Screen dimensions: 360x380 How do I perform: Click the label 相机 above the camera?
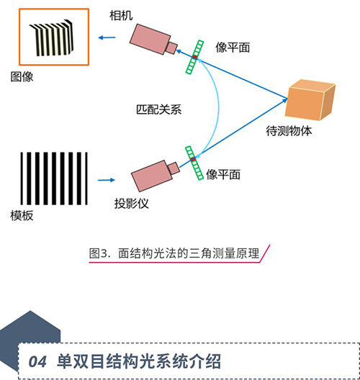tap(121, 16)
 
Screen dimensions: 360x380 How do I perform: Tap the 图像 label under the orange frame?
tap(22, 77)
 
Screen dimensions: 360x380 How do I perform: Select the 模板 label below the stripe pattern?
tap(22, 215)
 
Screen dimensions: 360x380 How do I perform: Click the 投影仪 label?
tap(131, 204)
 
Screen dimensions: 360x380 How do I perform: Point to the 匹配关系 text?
tap(159, 109)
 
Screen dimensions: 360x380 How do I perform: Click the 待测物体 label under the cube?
tap(289, 131)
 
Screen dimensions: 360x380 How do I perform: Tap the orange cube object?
tap(310, 100)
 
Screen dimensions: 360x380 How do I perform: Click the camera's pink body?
tap(150, 39)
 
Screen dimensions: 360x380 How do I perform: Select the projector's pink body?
tap(152, 176)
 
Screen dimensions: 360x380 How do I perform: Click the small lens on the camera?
tap(171, 47)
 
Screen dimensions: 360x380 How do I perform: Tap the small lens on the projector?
tap(174, 168)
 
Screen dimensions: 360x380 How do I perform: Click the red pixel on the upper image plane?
tap(194, 57)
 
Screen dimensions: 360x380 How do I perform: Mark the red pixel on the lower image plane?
tap(193, 159)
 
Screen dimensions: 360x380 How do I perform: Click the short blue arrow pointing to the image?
tap(107, 37)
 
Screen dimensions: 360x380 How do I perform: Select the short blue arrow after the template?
tap(106, 180)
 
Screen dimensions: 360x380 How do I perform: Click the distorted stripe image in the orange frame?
tap(51, 37)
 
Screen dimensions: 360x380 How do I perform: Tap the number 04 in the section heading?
tap(37, 362)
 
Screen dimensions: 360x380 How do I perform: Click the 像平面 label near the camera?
tap(233, 47)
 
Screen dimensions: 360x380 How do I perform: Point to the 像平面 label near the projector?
tap(223, 174)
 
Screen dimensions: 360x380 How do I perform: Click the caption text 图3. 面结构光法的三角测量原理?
tap(174, 253)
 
